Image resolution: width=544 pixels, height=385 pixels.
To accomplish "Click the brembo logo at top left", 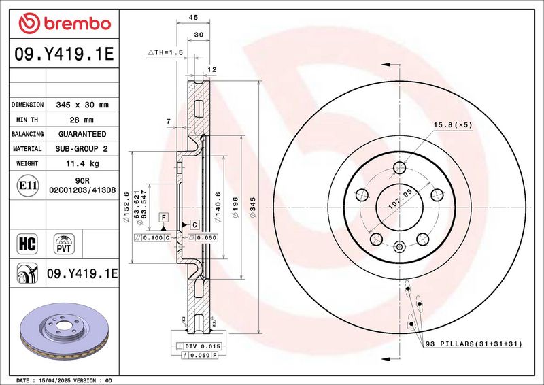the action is (x=65, y=23).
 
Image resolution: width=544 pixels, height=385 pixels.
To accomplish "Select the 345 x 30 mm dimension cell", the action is (x=82, y=105).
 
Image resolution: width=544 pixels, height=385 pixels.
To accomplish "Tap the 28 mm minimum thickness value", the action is (x=82, y=120).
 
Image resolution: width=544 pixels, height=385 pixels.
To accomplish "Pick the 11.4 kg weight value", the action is (x=82, y=163).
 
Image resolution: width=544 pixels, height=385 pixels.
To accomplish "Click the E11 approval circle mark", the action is (x=28, y=186).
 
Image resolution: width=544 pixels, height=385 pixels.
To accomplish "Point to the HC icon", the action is (x=27, y=244).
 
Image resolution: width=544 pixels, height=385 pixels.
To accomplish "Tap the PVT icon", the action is (x=64, y=244).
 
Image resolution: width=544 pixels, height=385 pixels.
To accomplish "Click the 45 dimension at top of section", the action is (x=193, y=18).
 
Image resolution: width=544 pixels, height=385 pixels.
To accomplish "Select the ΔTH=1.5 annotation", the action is (x=165, y=52).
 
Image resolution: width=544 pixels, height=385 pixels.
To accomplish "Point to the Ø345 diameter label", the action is (x=253, y=207).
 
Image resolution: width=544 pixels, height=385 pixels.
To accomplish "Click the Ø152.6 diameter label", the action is (x=126, y=207).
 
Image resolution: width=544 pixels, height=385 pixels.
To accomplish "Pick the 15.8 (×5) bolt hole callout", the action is (x=453, y=125).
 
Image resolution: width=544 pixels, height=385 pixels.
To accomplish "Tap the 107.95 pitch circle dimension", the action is (x=400, y=199).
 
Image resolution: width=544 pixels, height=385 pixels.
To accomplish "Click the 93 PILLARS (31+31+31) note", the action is (x=473, y=344).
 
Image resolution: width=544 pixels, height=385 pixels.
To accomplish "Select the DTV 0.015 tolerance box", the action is (x=199, y=346).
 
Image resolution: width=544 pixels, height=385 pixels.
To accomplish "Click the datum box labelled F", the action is (x=164, y=218).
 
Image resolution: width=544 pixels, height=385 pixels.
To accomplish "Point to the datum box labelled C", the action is (x=194, y=225).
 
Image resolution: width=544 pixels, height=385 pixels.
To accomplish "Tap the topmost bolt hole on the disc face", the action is (x=399, y=168).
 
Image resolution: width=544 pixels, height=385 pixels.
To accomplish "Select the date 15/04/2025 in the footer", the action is (x=53, y=380).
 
